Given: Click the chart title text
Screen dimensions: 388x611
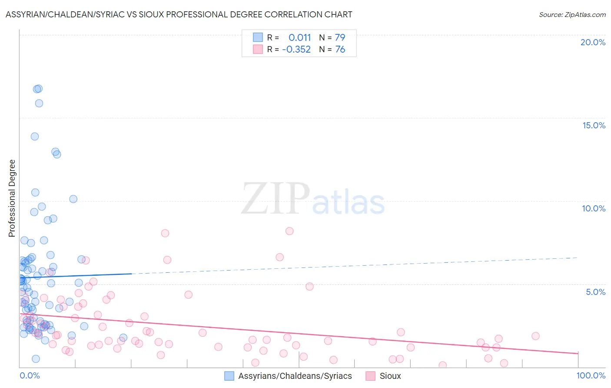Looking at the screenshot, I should tap(179, 14).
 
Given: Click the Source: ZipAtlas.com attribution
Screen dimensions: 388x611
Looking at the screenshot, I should tap(572, 14).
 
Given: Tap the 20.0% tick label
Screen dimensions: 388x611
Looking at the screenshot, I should tap(593, 42).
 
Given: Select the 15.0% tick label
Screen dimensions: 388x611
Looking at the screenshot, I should tap(594, 125).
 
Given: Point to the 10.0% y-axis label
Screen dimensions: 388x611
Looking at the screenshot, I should tap(594, 208).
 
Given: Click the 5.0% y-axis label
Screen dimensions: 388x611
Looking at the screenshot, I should tap(595, 292).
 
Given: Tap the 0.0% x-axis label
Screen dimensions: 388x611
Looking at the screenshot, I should tap(30, 375).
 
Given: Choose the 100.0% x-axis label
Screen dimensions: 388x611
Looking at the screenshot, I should tap(591, 375).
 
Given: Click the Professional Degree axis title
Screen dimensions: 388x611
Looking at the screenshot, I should tap(12, 198).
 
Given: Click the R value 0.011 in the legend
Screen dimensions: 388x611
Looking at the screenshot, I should tap(299, 37).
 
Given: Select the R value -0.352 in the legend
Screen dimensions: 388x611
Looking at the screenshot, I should tap(296, 50).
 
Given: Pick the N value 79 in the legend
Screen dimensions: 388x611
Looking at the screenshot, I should tap(340, 37).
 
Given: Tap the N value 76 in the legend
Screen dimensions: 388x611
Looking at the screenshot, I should tap(340, 50).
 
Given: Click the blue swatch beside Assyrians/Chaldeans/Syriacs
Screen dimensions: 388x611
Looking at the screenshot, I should tap(229, 376).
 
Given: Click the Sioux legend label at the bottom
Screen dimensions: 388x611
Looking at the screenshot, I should tap(390, 376).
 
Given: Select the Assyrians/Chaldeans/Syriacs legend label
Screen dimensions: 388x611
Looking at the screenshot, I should tap(295, 376).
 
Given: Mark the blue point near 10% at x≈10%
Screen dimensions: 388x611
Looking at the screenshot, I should tap(73, 199).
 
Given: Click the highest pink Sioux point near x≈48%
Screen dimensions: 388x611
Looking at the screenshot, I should tap(289, 231).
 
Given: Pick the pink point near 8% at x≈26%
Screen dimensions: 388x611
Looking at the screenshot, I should tap(165, 233).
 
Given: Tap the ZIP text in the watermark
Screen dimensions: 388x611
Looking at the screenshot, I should tap(276, 198).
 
